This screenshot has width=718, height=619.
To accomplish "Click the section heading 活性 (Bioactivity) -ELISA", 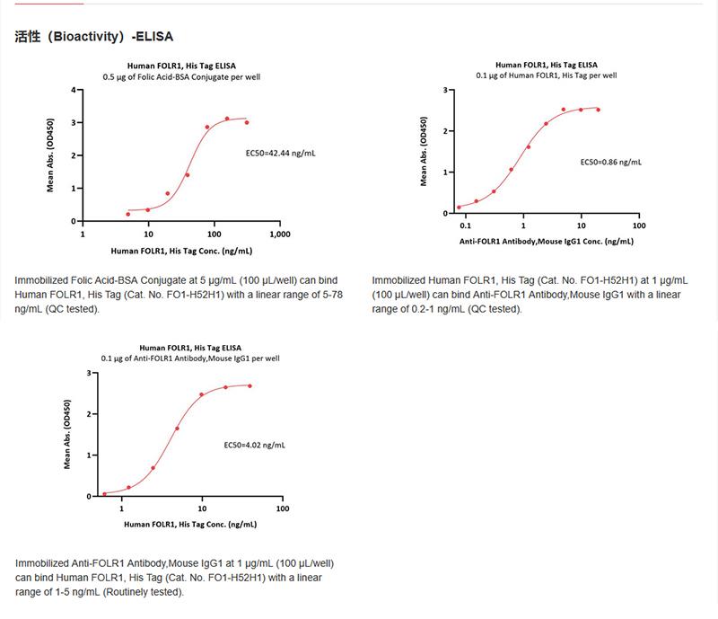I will point(94,38).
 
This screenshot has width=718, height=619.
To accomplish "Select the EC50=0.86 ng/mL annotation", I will point(610,162).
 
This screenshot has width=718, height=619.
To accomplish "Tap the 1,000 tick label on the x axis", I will point(279,234).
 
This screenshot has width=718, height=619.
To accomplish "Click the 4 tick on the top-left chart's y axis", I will point(74,90).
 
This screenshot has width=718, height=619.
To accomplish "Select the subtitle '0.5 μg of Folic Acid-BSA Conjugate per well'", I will point(181,77).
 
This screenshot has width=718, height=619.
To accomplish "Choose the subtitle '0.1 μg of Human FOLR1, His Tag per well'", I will point(547,76).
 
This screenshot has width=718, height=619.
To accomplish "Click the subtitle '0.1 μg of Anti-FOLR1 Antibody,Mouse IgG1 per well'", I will point(189,358).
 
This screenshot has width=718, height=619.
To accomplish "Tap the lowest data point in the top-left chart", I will point(128,214).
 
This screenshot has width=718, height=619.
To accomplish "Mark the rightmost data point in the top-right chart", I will point(598,110).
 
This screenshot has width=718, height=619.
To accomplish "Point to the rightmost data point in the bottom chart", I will point(249,386).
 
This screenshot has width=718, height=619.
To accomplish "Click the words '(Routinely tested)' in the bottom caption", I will point(144,592).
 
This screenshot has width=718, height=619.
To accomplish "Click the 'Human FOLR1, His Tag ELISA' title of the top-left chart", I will point(181,66).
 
